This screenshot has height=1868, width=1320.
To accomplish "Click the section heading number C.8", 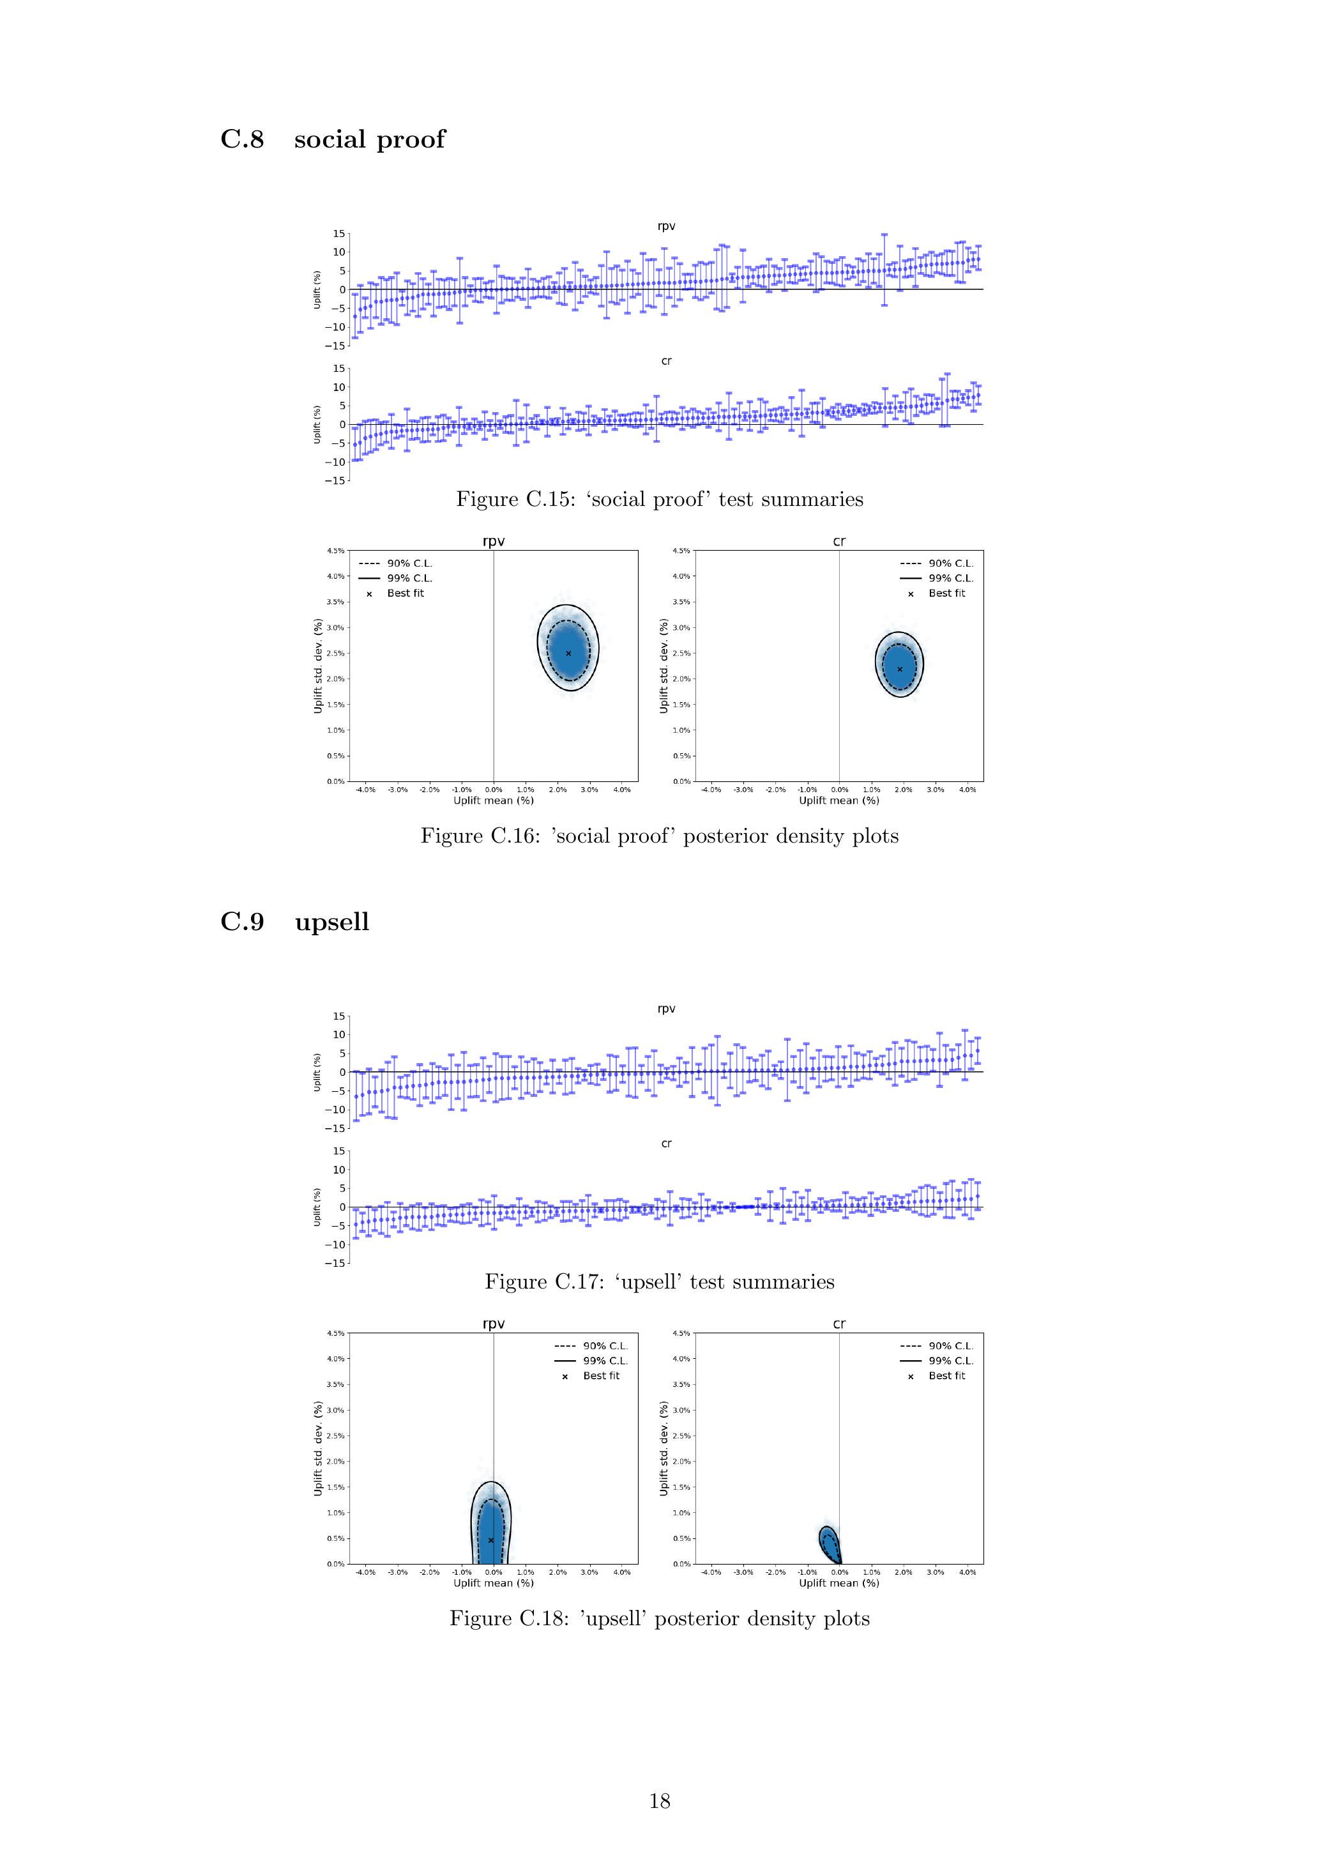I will [241, 139].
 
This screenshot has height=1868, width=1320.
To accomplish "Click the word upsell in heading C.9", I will [332, 922].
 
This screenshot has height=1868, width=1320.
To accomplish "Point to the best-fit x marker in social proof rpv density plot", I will [568, 654].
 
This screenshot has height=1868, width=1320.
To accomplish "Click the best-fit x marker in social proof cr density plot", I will [900, 669].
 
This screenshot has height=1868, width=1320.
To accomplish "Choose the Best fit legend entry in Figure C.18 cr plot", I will [946, 1376].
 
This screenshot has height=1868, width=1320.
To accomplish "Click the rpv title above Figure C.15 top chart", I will [666, 226].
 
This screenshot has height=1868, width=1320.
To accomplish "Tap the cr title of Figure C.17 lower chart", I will [666, 1143].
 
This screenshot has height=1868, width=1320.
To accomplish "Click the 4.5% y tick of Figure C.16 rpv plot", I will [336, 551].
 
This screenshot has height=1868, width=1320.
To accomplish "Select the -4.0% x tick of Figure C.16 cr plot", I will [710, 789].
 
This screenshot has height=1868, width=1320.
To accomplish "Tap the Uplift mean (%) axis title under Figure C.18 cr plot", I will [838, 1583].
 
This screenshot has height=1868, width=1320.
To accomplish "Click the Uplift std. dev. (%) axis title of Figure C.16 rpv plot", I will [318, 666].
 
